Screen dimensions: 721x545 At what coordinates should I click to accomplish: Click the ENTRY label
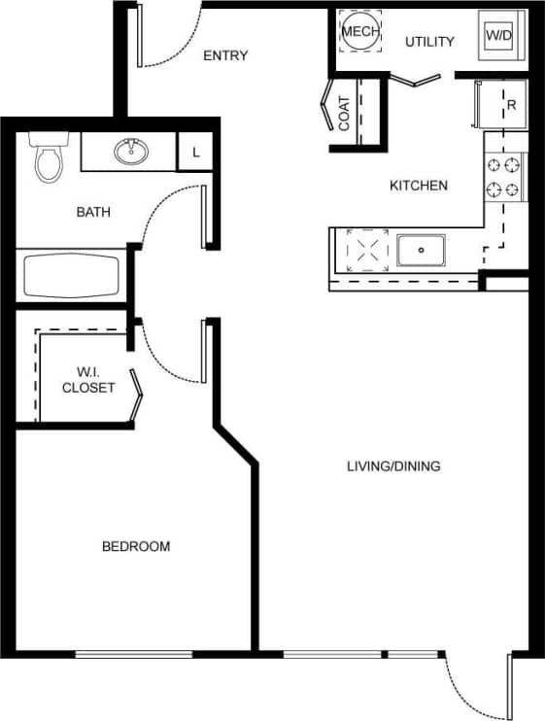(225, 55)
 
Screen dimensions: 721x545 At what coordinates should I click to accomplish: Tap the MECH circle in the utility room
(358, 32)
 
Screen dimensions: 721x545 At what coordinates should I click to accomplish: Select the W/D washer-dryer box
(498, 36)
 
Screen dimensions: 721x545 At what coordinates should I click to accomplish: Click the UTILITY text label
(429, 42)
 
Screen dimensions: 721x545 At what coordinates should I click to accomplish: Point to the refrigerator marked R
(499, 105)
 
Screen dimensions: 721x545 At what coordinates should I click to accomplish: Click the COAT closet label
(345, 114)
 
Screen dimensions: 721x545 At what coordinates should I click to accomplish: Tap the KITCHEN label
(419, 186)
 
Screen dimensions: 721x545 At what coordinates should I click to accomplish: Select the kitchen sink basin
(422, 250)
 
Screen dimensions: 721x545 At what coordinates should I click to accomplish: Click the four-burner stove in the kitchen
(504, 177)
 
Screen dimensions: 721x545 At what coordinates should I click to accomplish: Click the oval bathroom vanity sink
(130, 152)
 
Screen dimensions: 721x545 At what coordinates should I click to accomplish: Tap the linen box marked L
(196, 154)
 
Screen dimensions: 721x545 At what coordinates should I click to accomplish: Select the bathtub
(71, 276)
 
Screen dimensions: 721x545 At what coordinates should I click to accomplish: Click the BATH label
(93, 210)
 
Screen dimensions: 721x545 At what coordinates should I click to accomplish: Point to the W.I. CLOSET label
(88, 379)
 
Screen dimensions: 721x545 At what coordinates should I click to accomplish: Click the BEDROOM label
(136, 547)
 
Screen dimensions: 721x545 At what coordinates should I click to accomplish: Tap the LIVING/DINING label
(393, 466)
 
